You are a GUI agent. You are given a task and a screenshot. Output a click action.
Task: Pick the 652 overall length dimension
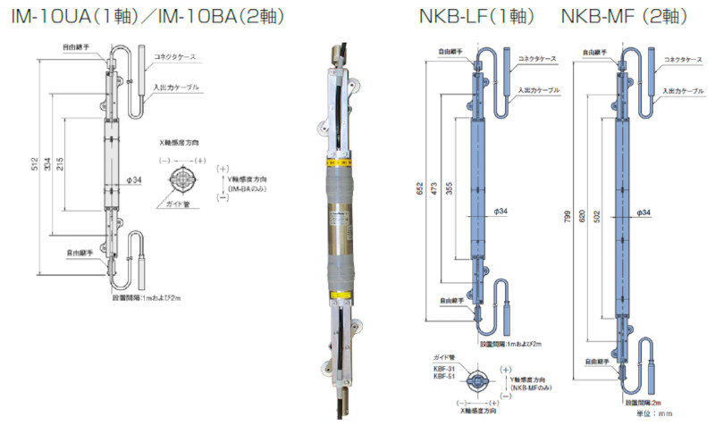418,187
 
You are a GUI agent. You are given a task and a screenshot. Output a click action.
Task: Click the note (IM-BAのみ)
250,190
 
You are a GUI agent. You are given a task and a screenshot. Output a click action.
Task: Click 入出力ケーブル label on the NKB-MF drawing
683,91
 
